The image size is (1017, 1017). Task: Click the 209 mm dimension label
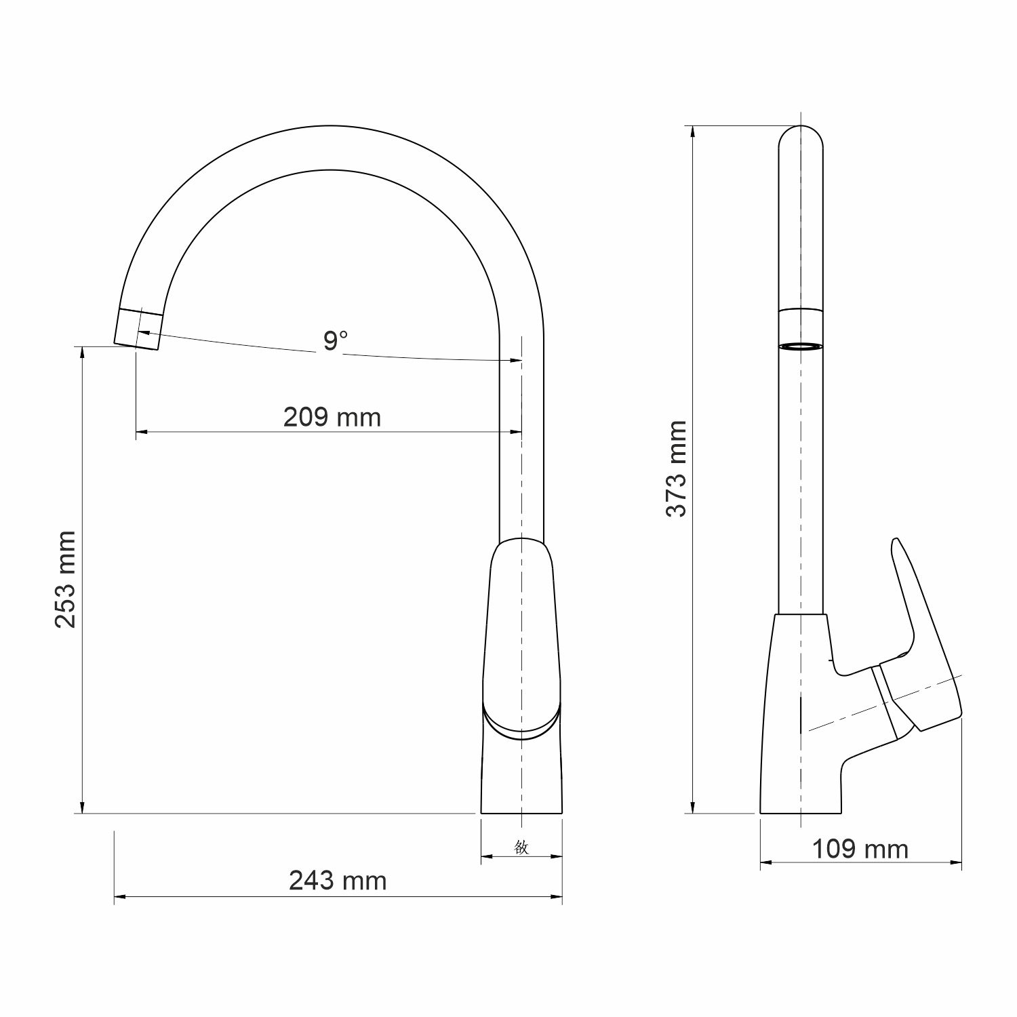[x=332, y=417]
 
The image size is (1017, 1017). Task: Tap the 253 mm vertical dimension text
[x=66, y=580]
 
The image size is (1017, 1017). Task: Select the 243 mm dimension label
[x=338, y=880]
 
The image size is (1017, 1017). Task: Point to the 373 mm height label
[x=676, y=468]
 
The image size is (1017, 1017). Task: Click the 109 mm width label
[x=860, y=848]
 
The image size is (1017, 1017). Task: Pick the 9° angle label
[x=335, y=340]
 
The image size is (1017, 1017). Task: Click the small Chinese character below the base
[x=521, y=847]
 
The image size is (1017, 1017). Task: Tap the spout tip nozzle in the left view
[x=139, y=329]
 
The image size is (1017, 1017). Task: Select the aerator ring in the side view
[x=801, y=346]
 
